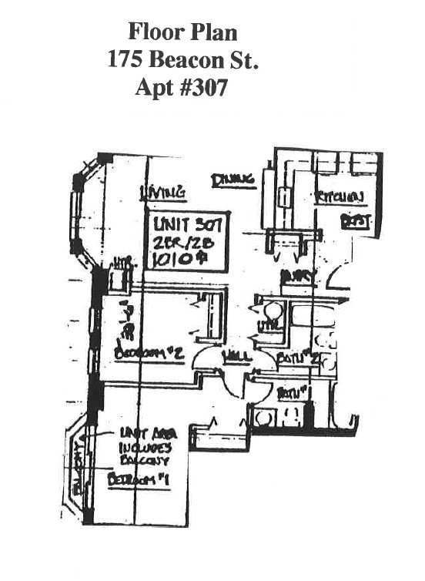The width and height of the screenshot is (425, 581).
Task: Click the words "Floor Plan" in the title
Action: (182, 32)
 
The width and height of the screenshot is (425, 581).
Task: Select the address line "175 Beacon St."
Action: (182, 60)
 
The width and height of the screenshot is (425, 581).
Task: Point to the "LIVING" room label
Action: (161, 193)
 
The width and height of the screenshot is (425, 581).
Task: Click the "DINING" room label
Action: (233, 180)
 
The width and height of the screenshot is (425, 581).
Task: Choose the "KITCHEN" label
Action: (338, 198)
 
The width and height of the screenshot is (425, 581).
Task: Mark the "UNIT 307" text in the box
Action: (188, 226)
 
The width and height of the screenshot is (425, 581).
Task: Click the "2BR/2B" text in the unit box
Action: (182, 242)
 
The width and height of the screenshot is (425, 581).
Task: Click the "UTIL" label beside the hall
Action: (269, 326)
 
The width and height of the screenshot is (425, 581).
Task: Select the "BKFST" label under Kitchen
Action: (357, 222)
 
